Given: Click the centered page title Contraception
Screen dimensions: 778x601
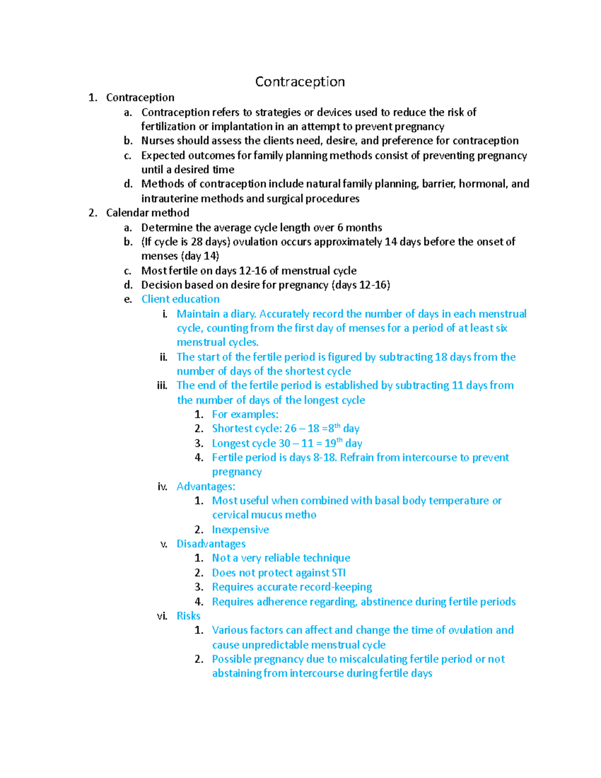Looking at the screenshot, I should (299, 82).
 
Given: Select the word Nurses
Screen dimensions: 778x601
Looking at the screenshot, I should (158, 141).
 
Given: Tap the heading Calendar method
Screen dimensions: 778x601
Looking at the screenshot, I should (147, 213).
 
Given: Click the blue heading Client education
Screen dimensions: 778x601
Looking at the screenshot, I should (180, 299).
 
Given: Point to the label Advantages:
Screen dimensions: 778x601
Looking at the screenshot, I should (206, 486).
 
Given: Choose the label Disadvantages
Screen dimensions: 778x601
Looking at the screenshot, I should (211, 544).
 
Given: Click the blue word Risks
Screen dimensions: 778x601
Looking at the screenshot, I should (188, 616).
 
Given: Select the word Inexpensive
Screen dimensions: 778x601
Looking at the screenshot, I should (240, 530).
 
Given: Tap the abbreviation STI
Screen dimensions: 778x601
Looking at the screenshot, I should (339, 573).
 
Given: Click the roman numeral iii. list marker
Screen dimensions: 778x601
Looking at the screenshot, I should (162, 386).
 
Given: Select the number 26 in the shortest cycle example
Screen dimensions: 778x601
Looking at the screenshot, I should (290, 429).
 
